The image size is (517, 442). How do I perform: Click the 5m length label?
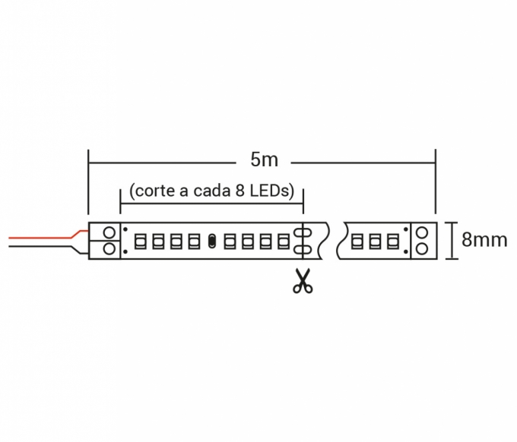pyautogui.click(x=264, y=159)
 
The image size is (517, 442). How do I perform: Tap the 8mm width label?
pyautogui.click(x=484, y=239)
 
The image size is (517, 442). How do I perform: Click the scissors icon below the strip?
pyautogui.click(x=303, y=281)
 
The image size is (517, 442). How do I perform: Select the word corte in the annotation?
pyautogui.click(x=155, y=191)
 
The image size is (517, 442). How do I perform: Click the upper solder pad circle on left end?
pyautogui.click(x=109, y=232)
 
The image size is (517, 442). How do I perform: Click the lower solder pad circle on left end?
pyautogui.click(x=109, y=248)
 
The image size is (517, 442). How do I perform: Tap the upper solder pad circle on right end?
pyautogui.click(x=422, y=233)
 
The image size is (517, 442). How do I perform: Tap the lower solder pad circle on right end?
pyautogui.click(x=422, y=248)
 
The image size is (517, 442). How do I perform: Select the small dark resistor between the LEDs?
pyautogui.click(x=211, y=241)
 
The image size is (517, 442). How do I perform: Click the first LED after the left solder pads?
pyautogui.click(x=141, y=241)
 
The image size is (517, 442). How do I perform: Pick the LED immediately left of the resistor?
pyautogui.click(x=194, y=241)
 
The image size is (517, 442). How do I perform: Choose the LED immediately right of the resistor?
pyautogui.click(x=230, y=241)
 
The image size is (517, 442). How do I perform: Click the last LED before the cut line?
pyautogui.click(x=284, y=241)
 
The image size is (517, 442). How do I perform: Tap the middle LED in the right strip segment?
pyautogui.click(x=374, y=241)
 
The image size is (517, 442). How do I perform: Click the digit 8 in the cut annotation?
pyautogui.click(x=240, y=191)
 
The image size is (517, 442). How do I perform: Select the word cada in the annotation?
pyautogui.click(x=212, y=191)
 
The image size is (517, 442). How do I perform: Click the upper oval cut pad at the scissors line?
pyautogui.click(x=303, y=232)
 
